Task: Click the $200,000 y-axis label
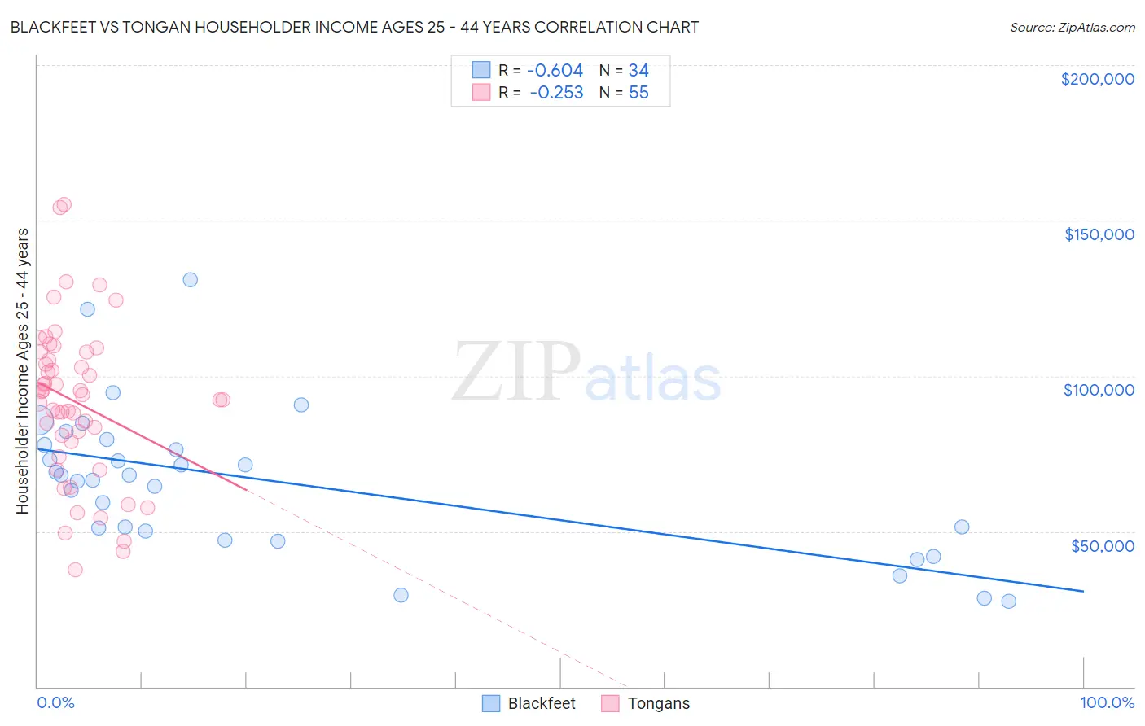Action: [x=1097, y=79]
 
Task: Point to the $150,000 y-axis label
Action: [x=1099, y=234]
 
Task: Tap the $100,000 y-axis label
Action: [x=1099, y=390]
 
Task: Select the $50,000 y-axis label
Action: [x=1102, y=545]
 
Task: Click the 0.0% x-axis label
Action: [x=55, y=703]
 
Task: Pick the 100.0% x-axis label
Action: [x=1107, y=703]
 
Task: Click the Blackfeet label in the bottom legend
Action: [x=542, y=703]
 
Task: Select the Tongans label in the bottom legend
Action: [x=658, y=703]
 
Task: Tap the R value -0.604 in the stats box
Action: [x=555, y=71]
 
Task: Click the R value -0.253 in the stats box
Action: [x=556, y=93]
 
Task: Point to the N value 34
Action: [x=638, y=71]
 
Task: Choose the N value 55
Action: [x=638, y=93]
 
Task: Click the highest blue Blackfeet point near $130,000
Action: [x=190, y=280]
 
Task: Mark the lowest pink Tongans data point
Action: [x=75, y=570]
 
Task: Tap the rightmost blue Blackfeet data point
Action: [x=1008, y=601]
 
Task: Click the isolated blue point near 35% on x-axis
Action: [x=401, y=595]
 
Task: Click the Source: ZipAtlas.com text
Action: [x=1072, y=28]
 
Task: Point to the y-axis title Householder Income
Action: [x=22, y=370]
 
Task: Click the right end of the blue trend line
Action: [x=1083, y=591]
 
